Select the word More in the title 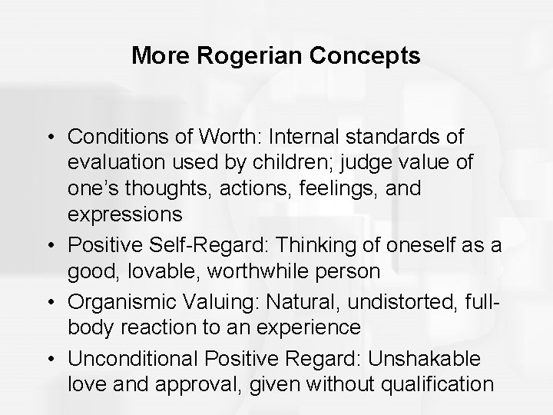pyautogui.click(x=155, y=56)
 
